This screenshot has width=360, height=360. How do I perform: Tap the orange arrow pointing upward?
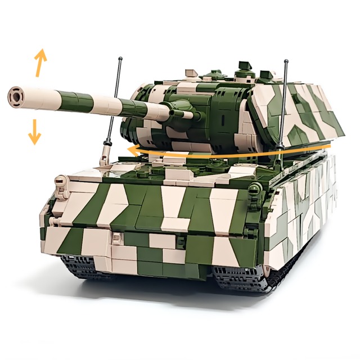tap(40, 62)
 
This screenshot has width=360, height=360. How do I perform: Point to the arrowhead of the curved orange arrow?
tap(130, 150)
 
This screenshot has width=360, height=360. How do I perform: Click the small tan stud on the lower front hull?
tap(116, 240)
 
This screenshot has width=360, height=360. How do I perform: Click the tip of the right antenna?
tap(286, 61)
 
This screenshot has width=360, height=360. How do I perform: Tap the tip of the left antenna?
tap(120, 58)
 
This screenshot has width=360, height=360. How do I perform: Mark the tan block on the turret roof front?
tap(191, 71)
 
